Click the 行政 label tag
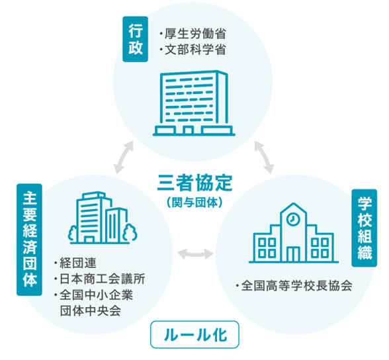coord(135,39)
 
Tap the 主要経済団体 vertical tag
coord(29,240)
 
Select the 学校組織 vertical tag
coord(364,228)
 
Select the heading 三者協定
coord(194,183)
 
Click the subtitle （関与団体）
coord(194,202)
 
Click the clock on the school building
coord(293,219)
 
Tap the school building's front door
coord(293,254)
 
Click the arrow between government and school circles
coord(264,157)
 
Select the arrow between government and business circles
coord(124,157)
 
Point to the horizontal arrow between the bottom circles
coord(195,254)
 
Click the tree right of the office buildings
coord(130,233)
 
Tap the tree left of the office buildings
coord(73,234)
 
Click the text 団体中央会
coord(91,311)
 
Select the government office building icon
coord(194,103)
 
